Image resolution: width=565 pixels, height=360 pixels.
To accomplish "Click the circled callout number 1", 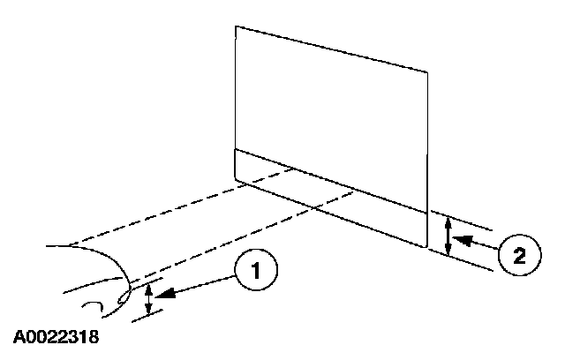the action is pyautogui.click(x=256, y=270).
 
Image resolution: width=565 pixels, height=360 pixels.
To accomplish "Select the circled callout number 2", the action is pyautogui.click(x=520, y=255).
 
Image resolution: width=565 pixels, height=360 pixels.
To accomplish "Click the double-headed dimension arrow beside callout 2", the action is pyautogui.click(x=448, y=236).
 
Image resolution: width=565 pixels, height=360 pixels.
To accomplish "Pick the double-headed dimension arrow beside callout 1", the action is pyautogui.click(x=148, y=298).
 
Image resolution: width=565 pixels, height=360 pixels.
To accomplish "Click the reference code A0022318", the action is pyautogui.click(x=56, y=337).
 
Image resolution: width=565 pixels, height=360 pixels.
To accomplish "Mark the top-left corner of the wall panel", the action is pyautogui.click(x=236, y=26).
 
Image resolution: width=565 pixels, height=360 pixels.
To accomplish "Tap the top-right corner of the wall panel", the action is pyautogui.click(x=427, y=72).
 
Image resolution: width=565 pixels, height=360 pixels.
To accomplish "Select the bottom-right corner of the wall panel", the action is pyautogui.click(x=427, y=247).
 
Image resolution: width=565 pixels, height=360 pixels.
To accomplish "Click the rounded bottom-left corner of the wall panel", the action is pyautogui.click(x=237, y=179).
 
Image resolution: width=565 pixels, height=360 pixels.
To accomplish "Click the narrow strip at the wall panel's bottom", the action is pyautogui.click(x=331, y=198).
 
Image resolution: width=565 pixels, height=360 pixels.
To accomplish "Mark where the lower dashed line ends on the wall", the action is pyautogui.click(x=353, y=192).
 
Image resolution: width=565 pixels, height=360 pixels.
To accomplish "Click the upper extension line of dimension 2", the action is pyautogui.click(x=462, y=221).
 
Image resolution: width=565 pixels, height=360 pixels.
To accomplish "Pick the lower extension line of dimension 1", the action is pyautogui.click(x=147, y=316).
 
